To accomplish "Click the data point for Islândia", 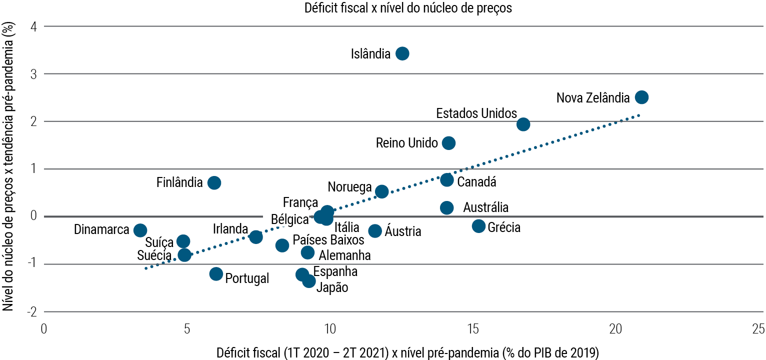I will (x=402, y=53).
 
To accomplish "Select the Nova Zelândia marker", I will (x=641, y=97).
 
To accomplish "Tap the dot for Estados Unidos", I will (x=523, y=124).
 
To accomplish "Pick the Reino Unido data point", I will (x=448, y=143).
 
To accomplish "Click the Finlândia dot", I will (x=214, y=182).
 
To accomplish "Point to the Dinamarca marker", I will (x=140, y=230).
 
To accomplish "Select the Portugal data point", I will (x=216, y=273).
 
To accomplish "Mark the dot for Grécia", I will (x=478, y=226).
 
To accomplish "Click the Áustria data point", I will (x=375, y=230).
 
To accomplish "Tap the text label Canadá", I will (x=476, y=182).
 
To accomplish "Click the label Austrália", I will (x=485, y=207).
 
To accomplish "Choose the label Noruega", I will (x=349, y=187).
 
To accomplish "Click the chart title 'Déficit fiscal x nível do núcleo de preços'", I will (x=408, y=8).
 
